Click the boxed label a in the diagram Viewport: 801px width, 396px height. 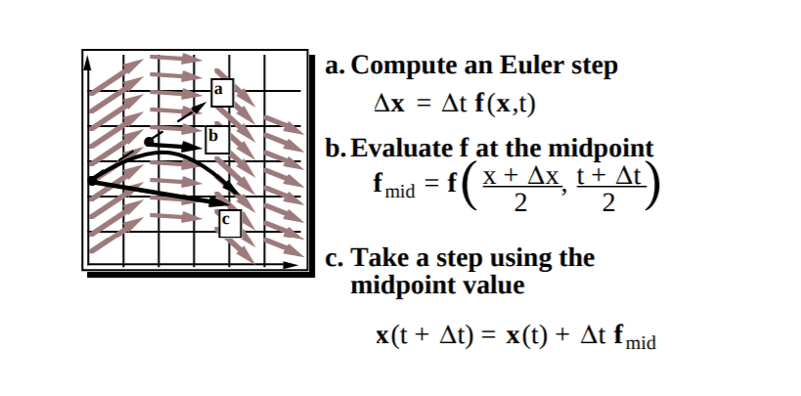pos(218,90)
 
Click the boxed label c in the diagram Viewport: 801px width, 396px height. pos(228,222)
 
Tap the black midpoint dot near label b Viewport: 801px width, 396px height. pos(149,143)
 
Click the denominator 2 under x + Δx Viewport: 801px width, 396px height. pos(519,204)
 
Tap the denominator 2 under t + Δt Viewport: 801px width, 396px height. pos(607,204)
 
